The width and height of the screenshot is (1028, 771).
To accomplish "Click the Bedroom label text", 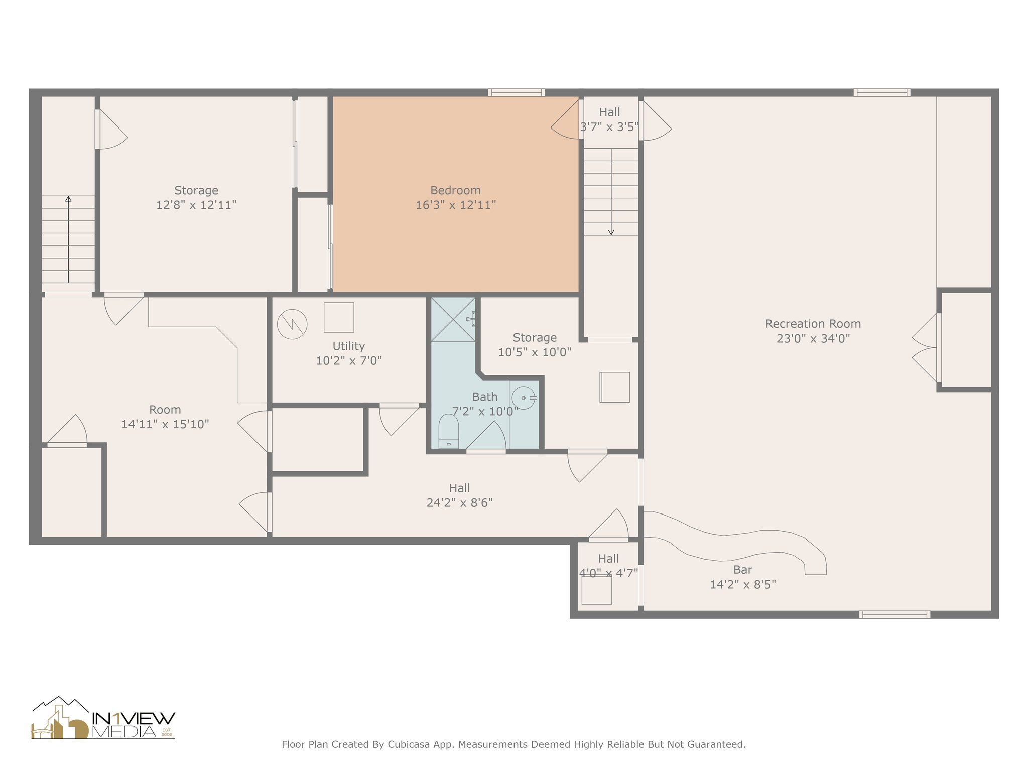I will [x=455, y=191].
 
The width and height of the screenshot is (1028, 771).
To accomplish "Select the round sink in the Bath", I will [x=523, y=398].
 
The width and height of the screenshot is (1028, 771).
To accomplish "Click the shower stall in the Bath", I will [x=453, y=319].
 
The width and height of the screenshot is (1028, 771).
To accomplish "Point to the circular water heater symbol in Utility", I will [x=292, y=324].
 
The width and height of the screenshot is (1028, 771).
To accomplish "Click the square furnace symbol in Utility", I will [x=339, y=317].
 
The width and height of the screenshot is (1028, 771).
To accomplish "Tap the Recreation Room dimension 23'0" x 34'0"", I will [x=813, y=338].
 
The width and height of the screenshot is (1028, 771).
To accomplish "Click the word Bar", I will [x=742, y=570].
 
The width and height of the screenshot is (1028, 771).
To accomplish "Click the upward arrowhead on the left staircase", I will [x=68, y=199].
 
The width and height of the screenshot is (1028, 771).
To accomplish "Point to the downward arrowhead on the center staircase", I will [x=611, y=232].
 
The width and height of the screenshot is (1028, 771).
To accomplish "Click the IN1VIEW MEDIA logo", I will [x=103, y=719].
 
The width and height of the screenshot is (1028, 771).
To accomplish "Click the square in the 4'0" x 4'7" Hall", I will [x=596, y=590].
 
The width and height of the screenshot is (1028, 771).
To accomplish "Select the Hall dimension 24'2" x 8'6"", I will [x=459, y=502].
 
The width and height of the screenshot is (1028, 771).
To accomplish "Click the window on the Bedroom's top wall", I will [x=517, y=92].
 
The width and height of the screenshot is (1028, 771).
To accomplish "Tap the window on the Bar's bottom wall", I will [x=894, y=614].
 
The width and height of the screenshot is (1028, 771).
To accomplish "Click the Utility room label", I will [x=348, y=346].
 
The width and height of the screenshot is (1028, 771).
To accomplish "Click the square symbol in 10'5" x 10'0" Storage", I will [x=614, y=387].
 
